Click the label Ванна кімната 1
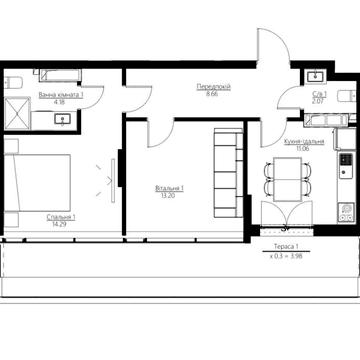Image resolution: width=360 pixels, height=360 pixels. click(60, 95)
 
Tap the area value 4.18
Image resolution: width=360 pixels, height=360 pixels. click(60, 102)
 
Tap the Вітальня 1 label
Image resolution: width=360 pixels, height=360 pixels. click(168, 188)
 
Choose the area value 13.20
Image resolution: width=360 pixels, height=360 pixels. click(168, 195)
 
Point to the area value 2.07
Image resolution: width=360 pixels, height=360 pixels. click(317, 101)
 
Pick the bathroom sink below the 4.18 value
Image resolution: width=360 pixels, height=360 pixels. click(62, 119)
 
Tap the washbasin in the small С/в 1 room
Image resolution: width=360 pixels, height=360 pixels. click(315, 75)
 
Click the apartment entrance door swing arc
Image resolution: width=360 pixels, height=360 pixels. click(270, 50)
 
